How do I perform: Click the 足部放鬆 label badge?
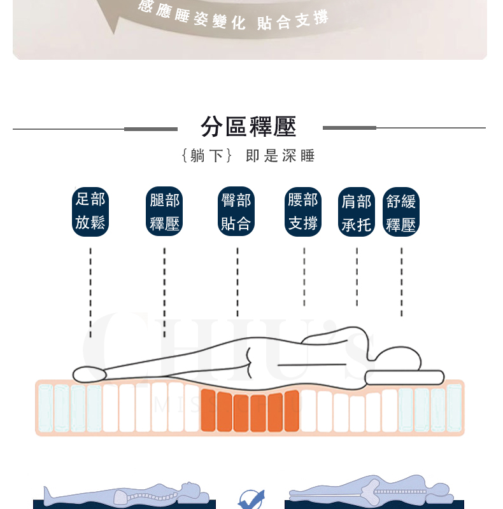coord(90,212)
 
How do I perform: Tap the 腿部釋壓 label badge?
coord(164,211)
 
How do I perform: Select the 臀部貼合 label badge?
coord(236,211)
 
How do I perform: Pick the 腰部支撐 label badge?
coord(303,212)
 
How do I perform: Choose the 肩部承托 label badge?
coord(357,212)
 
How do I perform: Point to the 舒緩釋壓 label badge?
coord(401,212)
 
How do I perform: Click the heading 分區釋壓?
coord(248,127)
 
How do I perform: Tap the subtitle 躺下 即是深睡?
coord(248,156)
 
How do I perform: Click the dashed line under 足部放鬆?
coord(90,293)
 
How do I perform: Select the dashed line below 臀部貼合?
coord(237,282)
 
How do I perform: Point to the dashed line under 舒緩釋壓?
coord(402,282)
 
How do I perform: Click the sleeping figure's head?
coord(398,358)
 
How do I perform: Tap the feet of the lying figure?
coord(89,375)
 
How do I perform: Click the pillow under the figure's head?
coord(404,377)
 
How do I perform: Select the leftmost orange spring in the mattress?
coord(208,410)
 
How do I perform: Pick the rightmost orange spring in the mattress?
coord(292,411)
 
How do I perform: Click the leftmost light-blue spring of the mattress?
coord(45,408)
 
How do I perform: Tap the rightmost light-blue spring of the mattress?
coord(454,408)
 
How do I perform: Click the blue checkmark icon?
coord(251,500)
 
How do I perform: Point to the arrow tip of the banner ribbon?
coord(113,34)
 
